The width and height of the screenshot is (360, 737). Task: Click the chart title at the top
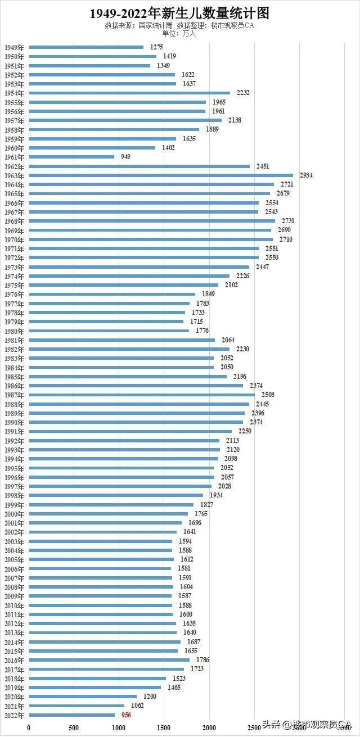click(179, 13)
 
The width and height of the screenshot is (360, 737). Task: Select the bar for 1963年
click(161, 175)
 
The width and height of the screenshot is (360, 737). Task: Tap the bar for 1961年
click(71, 157)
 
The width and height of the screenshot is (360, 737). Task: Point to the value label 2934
click(306, 175)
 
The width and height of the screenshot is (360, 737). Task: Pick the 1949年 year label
click(14, 47)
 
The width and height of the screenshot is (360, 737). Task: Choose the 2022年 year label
click(14, 715)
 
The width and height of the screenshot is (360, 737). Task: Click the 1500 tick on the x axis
click(164, 728)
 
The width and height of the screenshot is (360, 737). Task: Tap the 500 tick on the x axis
click(74, 728)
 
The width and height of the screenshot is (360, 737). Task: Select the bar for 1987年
click(142, 395)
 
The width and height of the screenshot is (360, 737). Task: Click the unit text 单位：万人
click(179, 33)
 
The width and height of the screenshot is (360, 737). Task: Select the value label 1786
click(202, 660)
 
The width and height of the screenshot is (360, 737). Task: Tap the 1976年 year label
click(14, 294)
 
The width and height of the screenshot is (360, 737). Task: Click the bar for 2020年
click(83, 697)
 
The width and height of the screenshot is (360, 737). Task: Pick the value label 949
click(125, 157)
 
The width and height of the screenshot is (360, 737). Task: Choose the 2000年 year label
click(14, 514)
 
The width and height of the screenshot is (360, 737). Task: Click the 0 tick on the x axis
click(29, 728)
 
